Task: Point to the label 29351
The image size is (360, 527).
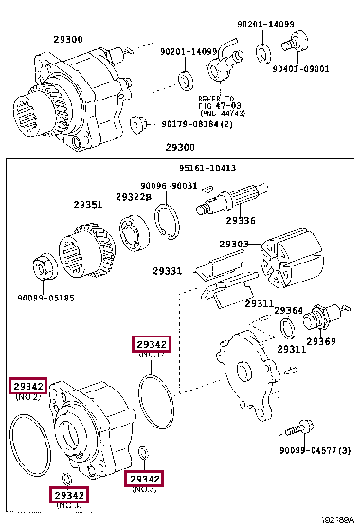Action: point(88,204)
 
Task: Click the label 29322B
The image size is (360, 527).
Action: point(134,197)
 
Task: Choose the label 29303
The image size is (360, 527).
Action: point(233,245)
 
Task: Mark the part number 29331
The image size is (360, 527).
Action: point(168,271)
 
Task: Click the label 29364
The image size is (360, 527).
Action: point(288,310)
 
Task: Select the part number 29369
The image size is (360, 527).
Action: point(320,341)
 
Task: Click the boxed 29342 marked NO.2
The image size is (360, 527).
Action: point(27,385)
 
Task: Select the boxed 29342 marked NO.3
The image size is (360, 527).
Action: point(145,478)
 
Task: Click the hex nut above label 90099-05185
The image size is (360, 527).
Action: point(44,265)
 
